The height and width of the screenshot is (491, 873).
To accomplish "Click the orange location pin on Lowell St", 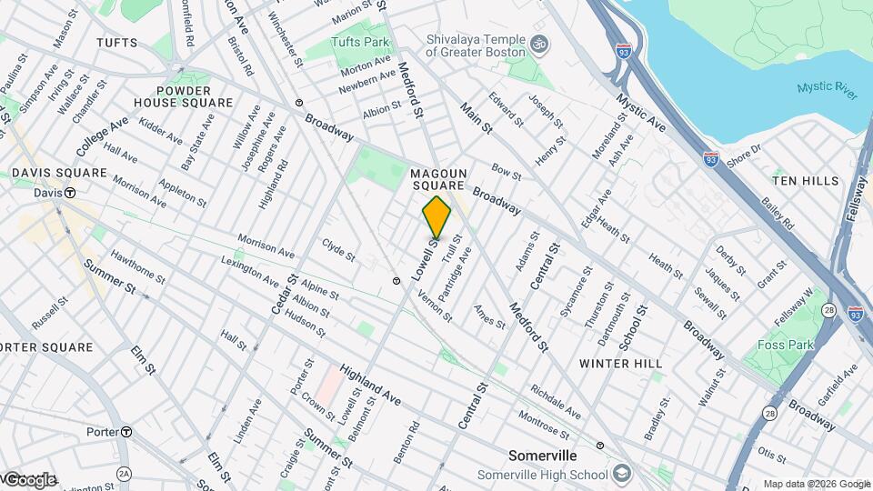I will click(x=436, y=218).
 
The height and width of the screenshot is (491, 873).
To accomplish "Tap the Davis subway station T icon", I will click(x=69, y=193).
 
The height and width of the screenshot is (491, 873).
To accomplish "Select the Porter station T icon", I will click(x=126, y=431).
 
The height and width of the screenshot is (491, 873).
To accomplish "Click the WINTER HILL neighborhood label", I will click(x=617, y=363).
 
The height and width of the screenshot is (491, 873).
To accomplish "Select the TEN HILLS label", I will click(x=806, y=181).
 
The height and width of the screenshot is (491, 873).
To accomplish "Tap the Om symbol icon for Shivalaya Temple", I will click(x=538, y=44).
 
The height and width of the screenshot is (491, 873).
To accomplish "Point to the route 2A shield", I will click(x=124, y=473).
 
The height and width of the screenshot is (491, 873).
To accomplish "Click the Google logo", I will click(x=29, y=479).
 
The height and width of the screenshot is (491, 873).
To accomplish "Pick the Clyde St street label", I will click(x=338, y=249).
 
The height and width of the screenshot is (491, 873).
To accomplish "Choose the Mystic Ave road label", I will click(x=640, y=110).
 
